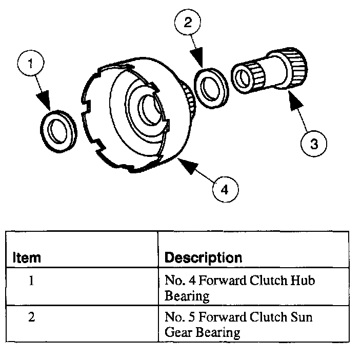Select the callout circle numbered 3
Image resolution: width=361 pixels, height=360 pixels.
click(x=313, y=144)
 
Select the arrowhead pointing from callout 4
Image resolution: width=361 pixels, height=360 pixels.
click(x=184, y=164)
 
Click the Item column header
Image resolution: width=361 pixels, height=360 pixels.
click(x=26, y=257)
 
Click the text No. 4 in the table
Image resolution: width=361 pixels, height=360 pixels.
click(x=176, y=281)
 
